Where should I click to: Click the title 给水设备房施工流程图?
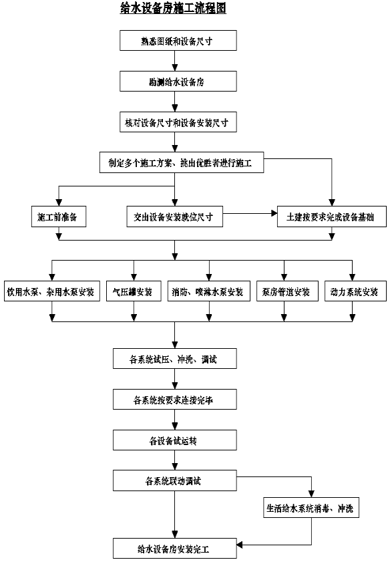pos(173,8)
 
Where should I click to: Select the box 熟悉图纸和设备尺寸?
pos(178,41)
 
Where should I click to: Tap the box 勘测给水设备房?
pos(178,82)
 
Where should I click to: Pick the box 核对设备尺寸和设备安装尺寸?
pos(178,122)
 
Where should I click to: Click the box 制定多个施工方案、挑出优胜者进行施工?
pos(182,163)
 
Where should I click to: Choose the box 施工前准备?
pos(59,217)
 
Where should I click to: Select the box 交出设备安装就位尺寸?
pos(175,217)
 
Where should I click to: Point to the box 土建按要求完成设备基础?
pos(332,217)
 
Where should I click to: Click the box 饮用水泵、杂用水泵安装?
pos(52,291)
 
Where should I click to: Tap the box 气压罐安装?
pos(134,291)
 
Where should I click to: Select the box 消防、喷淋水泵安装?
pos(209,291)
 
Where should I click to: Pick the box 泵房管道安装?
pos(288,291)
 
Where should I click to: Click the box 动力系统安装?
pos(356,291)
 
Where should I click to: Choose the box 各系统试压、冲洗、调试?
pos(175,358)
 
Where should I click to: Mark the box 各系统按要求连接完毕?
pos(175,399)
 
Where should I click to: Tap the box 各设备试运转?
pos(175,440)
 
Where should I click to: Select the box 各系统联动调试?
pos(175,480)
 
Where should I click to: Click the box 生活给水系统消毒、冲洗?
pos(311,507)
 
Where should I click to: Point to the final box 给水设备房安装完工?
pos(175,548)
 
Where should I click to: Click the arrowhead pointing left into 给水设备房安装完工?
pos(240,545)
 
